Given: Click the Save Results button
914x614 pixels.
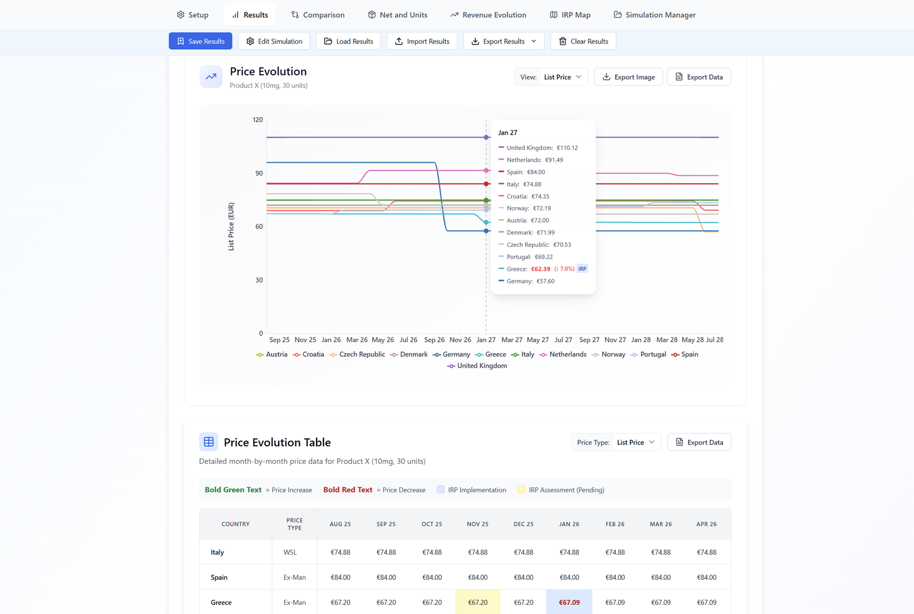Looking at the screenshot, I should tap(201, 41).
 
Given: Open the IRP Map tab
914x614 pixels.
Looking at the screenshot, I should tap(570, 15).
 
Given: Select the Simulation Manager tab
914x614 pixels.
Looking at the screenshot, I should tap(654, 15).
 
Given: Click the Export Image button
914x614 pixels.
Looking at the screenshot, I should tap(628, 77).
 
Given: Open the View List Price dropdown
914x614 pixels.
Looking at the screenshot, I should tap(551, 77).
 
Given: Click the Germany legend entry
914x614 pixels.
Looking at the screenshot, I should tap(451, 355).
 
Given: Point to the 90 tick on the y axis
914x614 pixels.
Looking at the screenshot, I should tap(259, 173).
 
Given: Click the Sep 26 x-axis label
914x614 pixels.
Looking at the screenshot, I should tap(434, 340).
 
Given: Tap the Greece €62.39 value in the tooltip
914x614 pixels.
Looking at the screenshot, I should tap(540, 269).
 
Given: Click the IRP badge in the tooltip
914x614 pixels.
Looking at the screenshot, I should tap(582, 269).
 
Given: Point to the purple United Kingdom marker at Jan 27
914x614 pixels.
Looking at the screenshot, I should tap(487, 137).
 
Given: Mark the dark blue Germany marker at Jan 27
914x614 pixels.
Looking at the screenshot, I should tap(487, 231).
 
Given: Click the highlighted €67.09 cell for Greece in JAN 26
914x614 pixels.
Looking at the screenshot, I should tap(569, 602).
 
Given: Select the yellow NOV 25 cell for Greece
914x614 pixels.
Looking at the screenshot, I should tap(478, 602).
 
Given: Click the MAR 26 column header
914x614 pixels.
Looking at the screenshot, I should tap(660, 524).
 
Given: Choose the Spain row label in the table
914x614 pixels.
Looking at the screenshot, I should tap(219, 577).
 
